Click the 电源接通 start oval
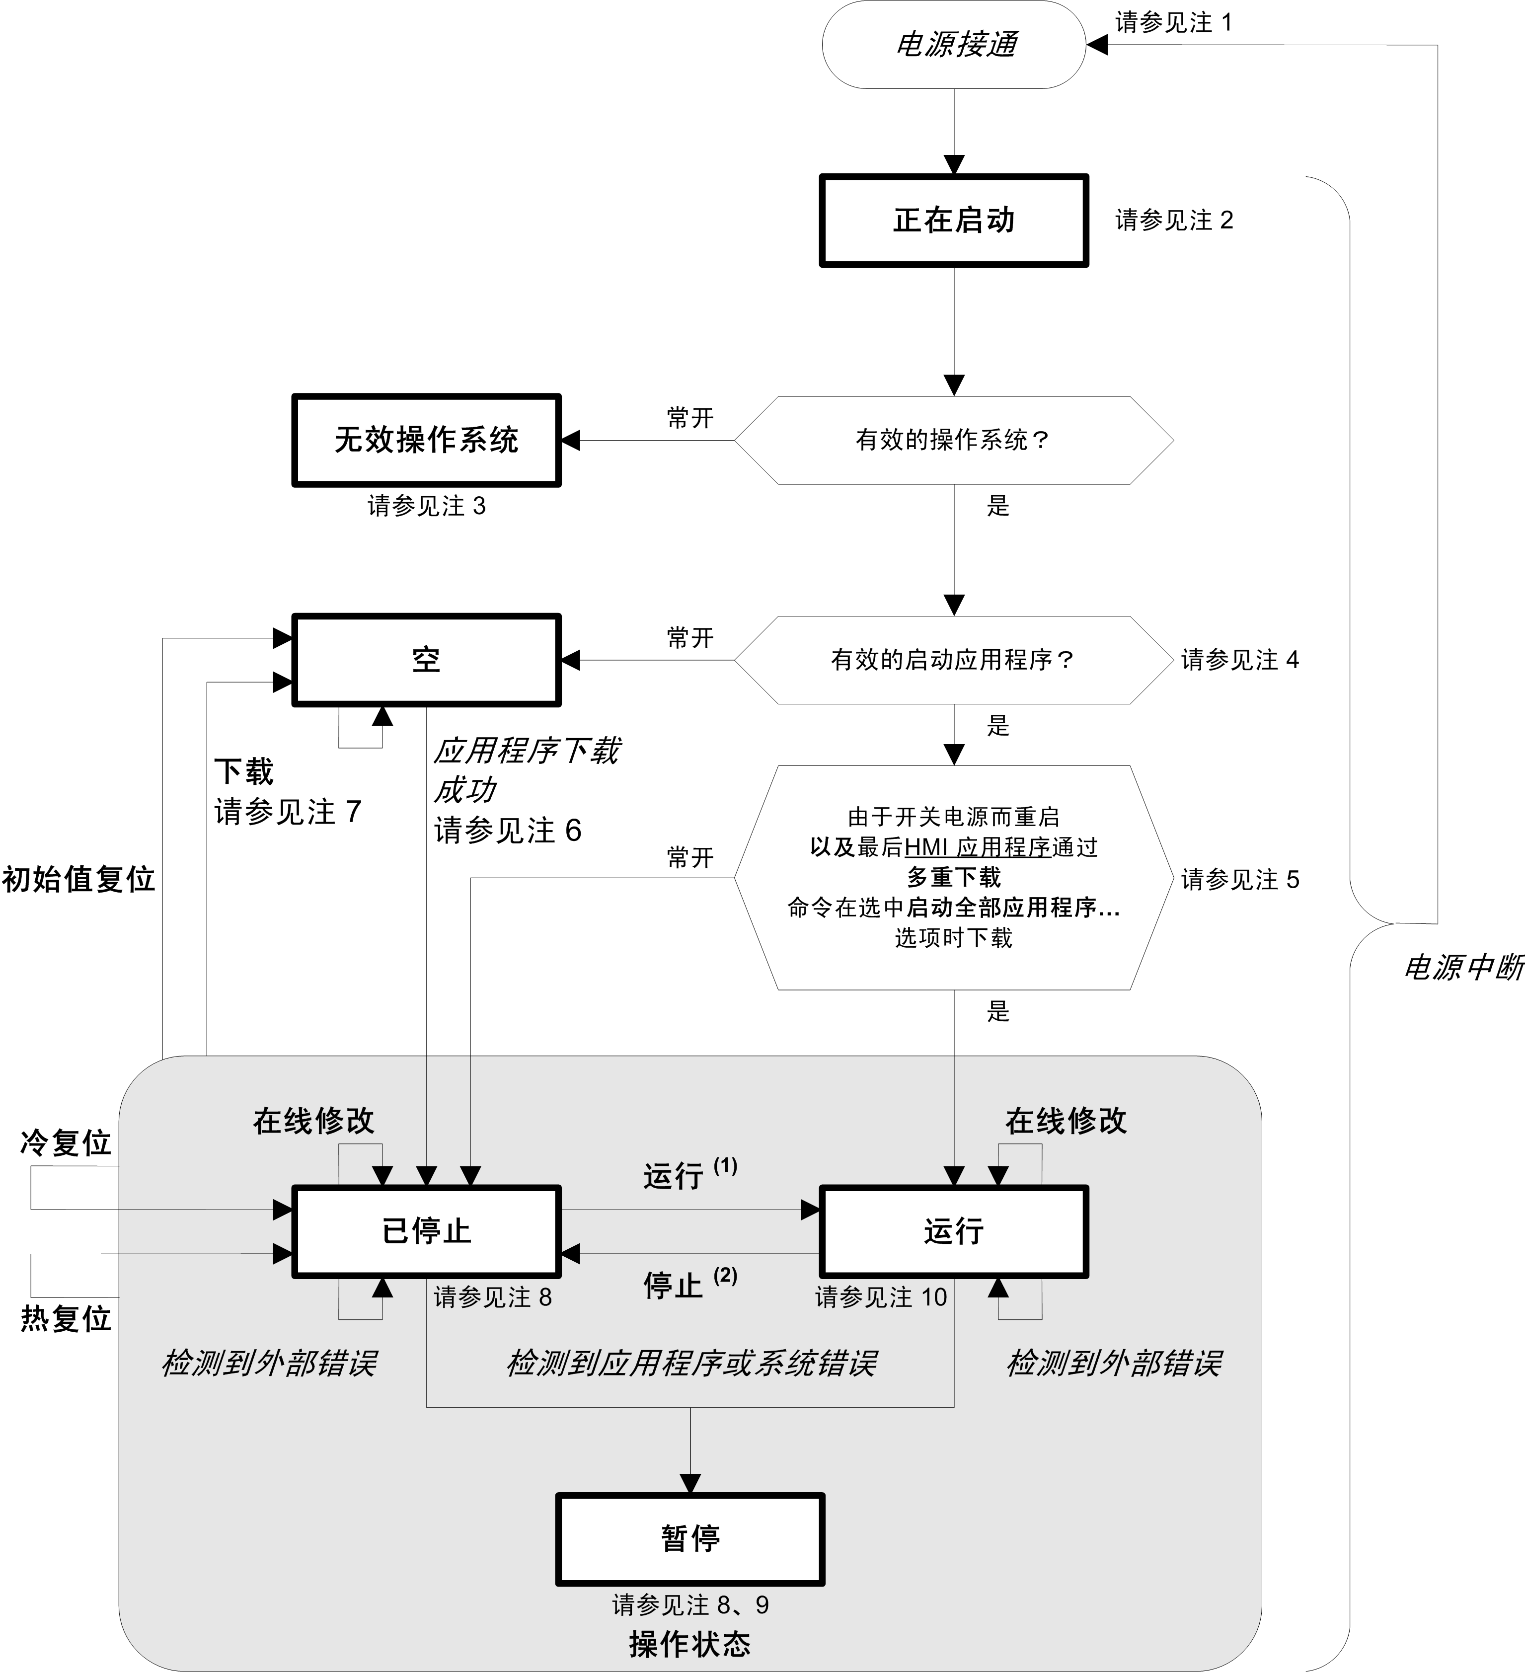(954, 45)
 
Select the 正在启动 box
(954, 221)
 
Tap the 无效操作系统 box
(426, 441)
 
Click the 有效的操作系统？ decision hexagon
(954, 441)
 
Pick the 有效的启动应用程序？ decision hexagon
(954, 660)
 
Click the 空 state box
(426, 660)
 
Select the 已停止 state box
(426, 1231)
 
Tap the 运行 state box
(954, 1231)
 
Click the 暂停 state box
(690, 1539)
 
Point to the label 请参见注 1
(1173, 22)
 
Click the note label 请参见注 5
(1240, 879)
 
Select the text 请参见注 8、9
(690, 1605)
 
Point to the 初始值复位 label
(78, 879)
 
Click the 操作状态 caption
(690, 1644)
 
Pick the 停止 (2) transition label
(688, 1284)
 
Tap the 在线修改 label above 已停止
(313, 1121)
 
